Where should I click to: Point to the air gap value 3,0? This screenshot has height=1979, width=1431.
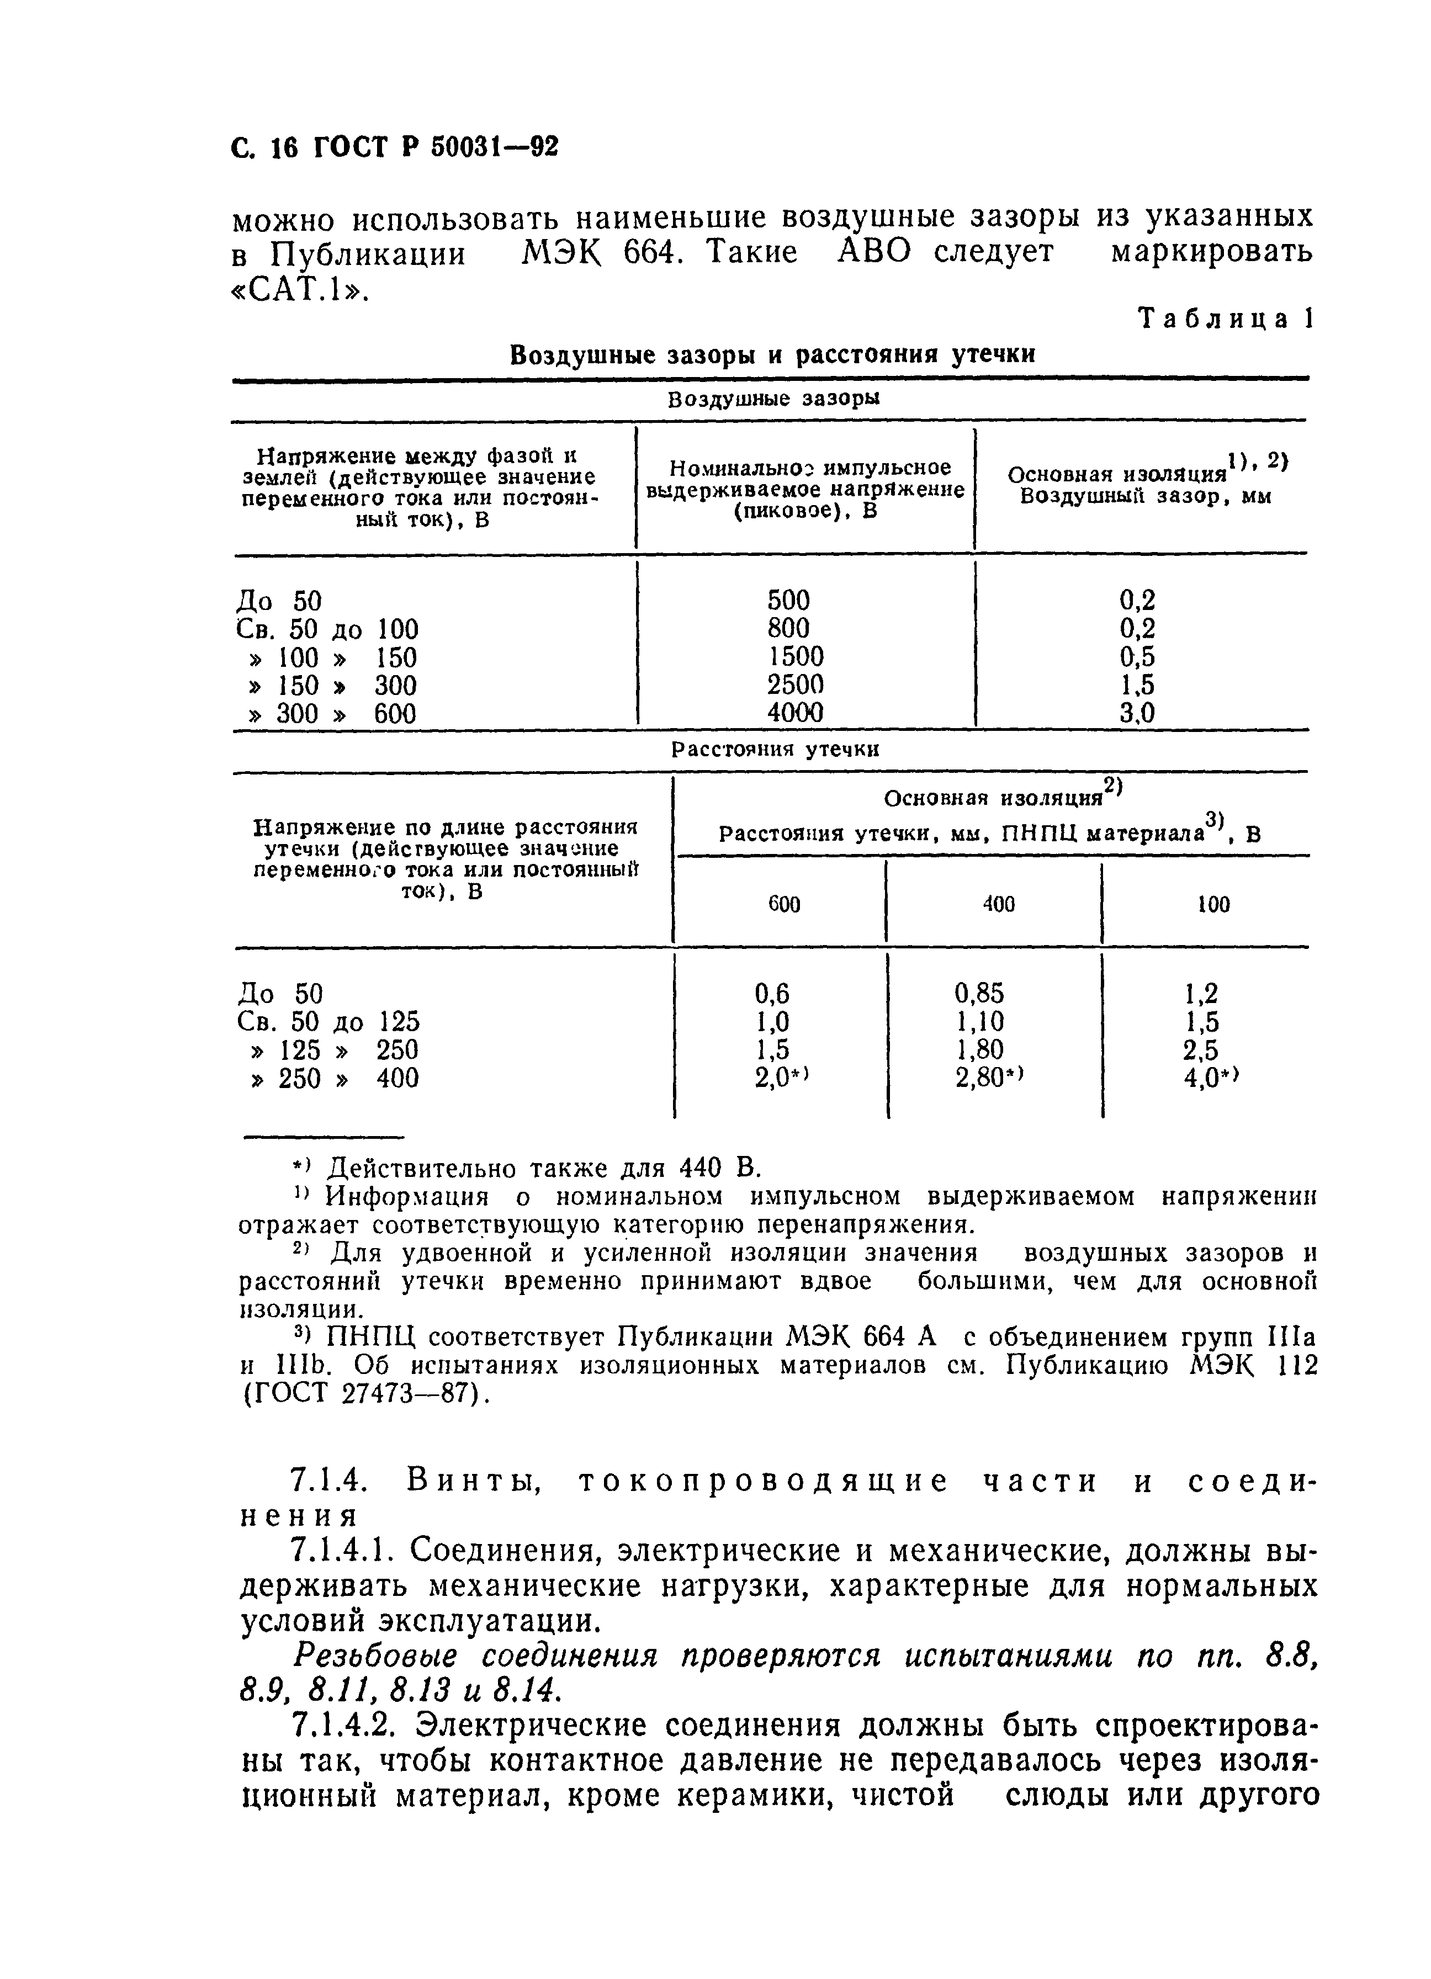[x=1137, y=713]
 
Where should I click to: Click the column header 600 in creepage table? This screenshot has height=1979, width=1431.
[x=783, y=904]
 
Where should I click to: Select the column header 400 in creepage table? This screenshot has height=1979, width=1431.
[x=998, y=904]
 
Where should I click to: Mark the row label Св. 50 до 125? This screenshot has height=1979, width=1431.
[x=328, y=1021]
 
